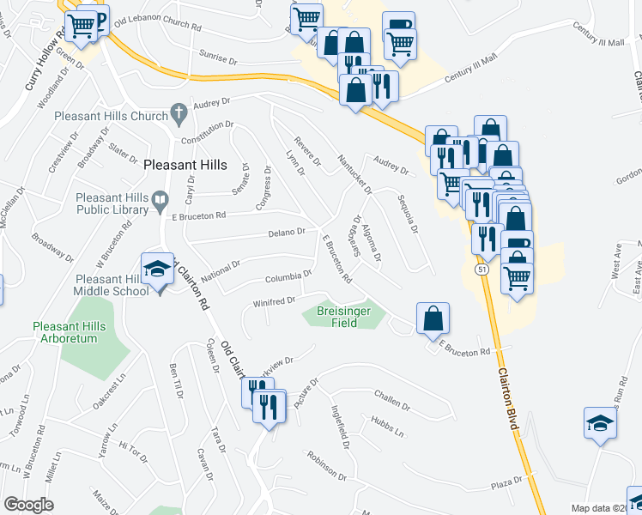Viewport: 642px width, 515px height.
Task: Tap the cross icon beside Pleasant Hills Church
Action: [179, 112]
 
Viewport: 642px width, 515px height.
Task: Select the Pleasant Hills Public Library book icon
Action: [160, 201]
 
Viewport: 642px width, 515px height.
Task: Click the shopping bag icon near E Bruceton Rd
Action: [433, 318]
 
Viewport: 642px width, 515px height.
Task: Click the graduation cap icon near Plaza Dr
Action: [600, 422]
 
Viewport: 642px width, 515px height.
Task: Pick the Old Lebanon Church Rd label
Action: [157, 23]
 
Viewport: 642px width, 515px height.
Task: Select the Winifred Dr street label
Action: [274, 301]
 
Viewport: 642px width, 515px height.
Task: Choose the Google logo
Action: [29, 504]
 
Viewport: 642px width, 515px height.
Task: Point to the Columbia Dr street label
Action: [288, 276]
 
